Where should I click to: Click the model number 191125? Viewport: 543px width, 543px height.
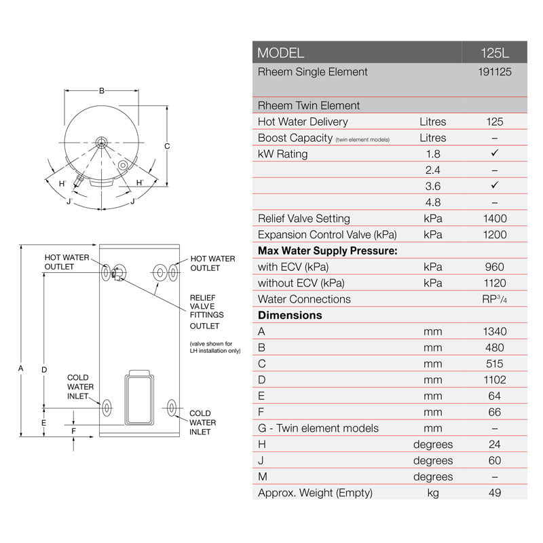[495, 72]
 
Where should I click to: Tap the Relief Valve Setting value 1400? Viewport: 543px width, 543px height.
[495, 219]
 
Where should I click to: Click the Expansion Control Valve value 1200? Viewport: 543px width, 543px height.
[495, 235]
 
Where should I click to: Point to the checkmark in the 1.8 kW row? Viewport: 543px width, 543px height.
[495, 154]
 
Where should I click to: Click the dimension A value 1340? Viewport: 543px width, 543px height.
[495, 332]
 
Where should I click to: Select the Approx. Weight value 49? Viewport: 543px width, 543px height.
[495, 493]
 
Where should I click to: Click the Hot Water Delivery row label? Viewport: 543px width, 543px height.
[303, 121]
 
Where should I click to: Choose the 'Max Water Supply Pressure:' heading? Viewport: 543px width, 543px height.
[327, 250]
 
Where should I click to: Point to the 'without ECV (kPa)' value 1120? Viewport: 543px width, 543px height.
[495, 283]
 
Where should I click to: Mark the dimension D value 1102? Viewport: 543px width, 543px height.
[495, 380]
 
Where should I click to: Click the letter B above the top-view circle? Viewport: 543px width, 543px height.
[101, 91]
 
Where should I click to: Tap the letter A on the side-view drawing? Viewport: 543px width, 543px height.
[20, 369]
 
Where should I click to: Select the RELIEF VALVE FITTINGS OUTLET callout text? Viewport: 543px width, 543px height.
[206, 311]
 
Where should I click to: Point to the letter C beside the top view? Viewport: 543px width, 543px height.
[167, 146]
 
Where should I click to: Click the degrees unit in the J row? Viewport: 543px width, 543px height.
[432, 461]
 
